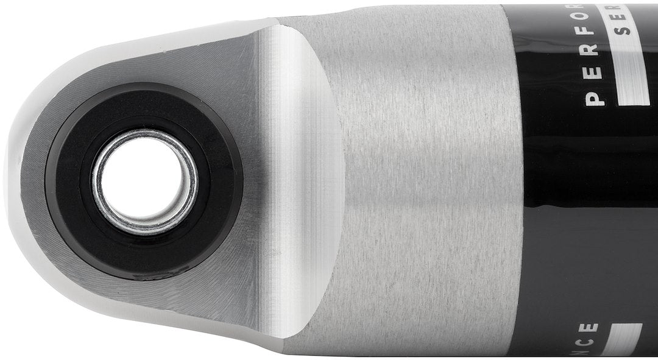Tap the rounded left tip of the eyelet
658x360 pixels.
pos(15,183)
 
